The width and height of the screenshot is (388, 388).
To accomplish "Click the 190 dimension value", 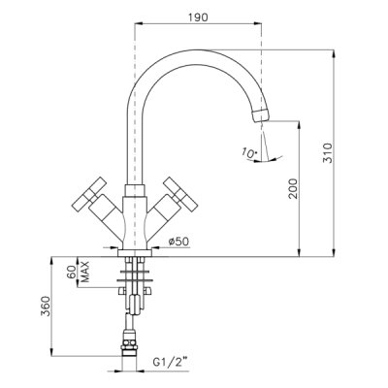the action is tap(198, 17).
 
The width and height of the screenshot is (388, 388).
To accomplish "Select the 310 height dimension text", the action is tap(327, 153).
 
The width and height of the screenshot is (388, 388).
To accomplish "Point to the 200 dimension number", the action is tap(293, 188).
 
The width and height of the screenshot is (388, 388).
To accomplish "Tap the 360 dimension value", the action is tap(46, 306).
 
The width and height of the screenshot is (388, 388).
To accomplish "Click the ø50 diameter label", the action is tap(178, 242).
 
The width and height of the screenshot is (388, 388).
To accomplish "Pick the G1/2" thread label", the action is tap(170, 362).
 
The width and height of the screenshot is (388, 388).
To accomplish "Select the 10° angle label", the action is tap(249, 153).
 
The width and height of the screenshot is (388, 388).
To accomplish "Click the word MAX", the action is tap(84, 272).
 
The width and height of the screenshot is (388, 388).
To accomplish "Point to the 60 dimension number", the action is tap(72, 273).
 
